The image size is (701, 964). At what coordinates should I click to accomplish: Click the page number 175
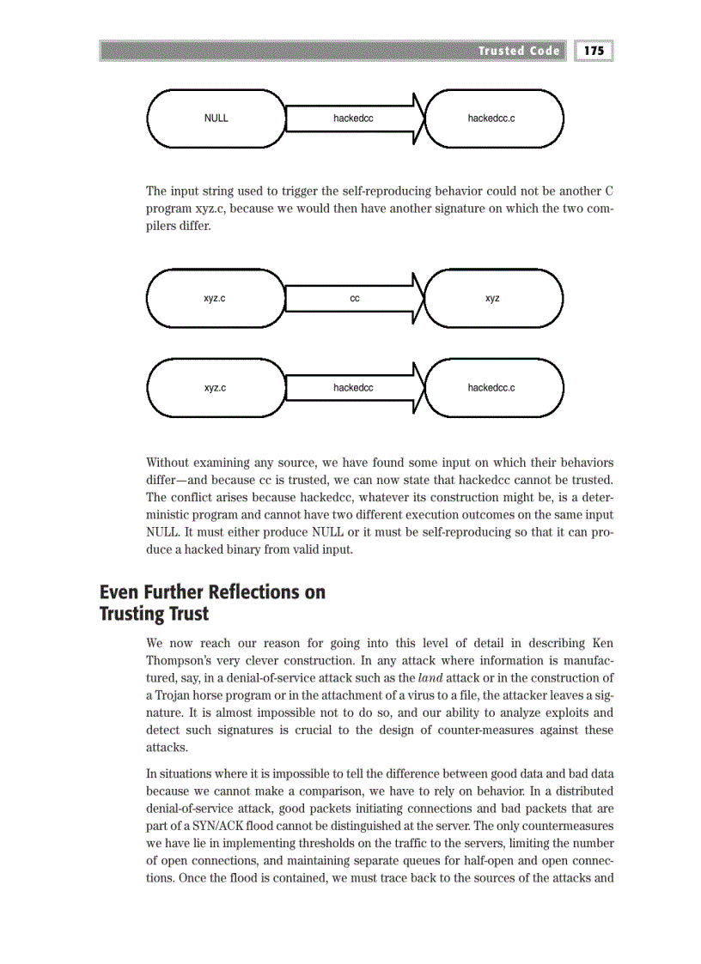594,51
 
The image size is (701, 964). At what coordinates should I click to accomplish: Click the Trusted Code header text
519,51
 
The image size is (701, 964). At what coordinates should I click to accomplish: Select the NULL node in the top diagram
216,118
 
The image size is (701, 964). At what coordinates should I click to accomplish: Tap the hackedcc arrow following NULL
353,118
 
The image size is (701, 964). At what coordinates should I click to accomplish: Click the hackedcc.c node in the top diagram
491,118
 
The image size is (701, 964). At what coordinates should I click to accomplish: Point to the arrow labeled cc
354,299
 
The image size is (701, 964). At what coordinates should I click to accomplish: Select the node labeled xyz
492,299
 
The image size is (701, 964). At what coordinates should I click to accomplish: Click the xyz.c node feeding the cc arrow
215,299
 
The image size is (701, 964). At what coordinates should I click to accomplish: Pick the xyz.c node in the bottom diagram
215,388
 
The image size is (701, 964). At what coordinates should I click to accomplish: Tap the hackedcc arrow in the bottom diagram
353,388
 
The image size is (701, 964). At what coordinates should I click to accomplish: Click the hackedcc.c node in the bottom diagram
491,388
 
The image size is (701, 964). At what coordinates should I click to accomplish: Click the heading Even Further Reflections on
212,592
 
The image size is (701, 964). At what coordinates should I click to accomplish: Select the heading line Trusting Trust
154,614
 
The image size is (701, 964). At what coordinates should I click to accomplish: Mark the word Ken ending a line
602,643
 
